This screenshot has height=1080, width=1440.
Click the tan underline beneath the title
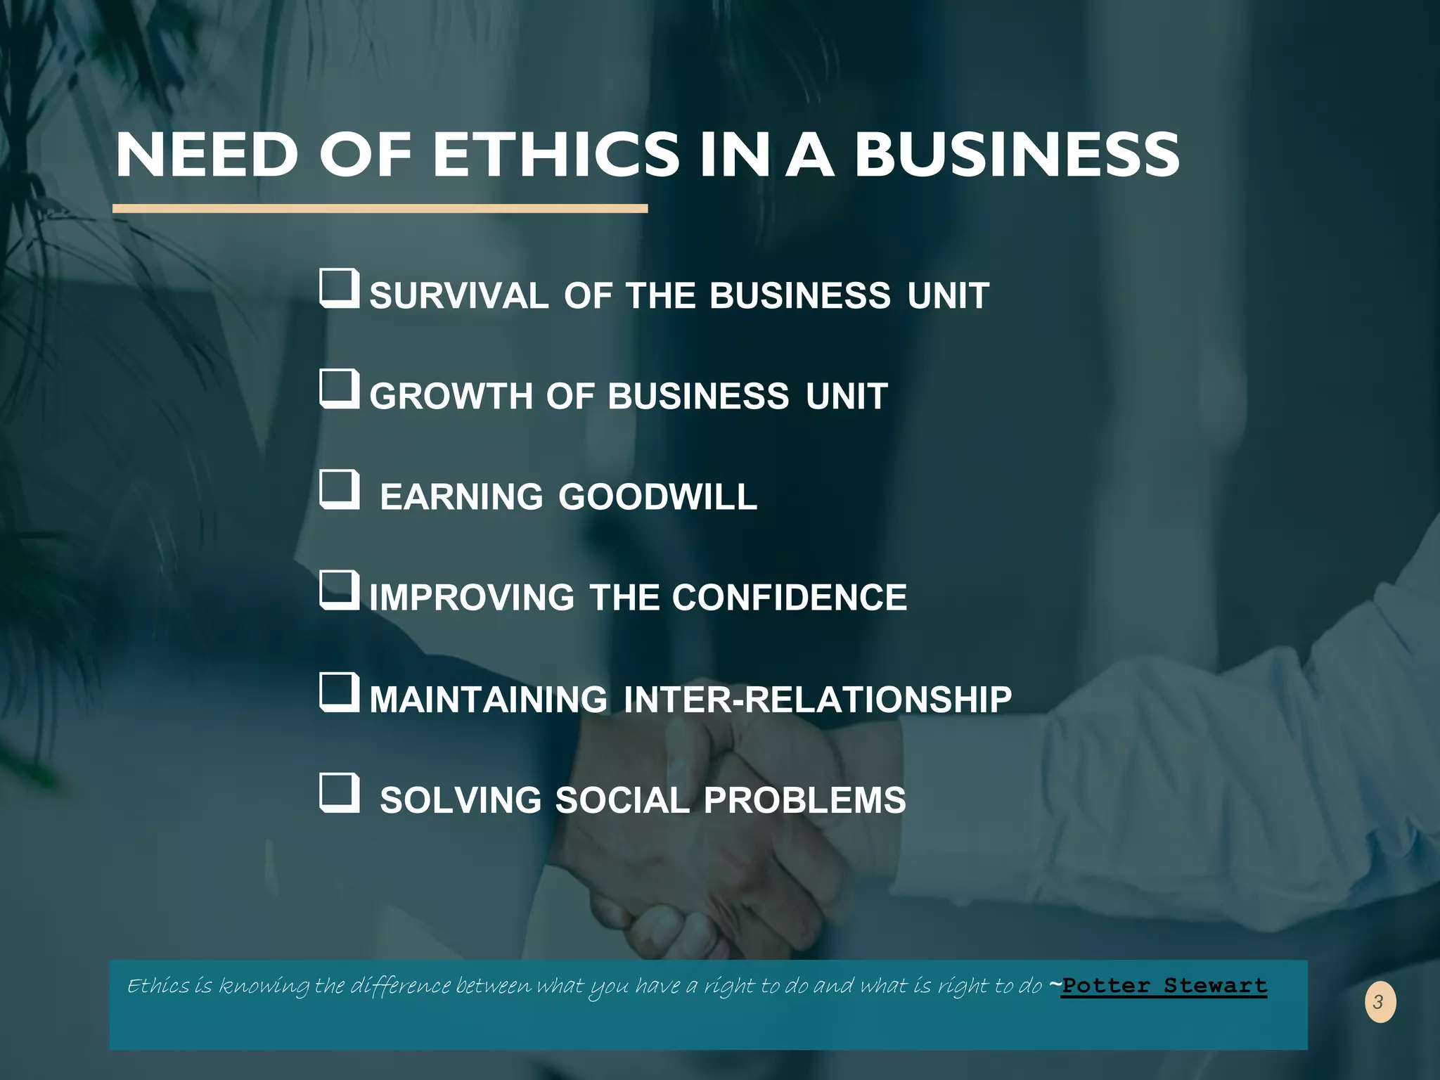[380, 209]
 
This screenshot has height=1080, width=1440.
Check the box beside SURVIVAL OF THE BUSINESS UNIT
[340, 288]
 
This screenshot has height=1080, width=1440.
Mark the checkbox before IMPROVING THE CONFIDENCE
[340, 591]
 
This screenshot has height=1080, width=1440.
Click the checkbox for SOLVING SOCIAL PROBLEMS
[340, 792]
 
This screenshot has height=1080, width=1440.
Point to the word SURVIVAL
[458, 295]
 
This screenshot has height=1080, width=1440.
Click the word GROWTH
[451, 396]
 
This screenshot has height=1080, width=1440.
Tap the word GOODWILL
[658, 497]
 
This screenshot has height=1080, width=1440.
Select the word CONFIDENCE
[789, 598]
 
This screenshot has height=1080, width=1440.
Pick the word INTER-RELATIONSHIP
[818, 700]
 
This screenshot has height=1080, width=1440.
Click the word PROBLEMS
[804, 800]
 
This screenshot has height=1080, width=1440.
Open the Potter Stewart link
[1164, 986]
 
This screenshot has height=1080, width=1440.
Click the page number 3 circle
[1380, 1002]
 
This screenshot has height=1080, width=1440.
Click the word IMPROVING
[472, 598]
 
